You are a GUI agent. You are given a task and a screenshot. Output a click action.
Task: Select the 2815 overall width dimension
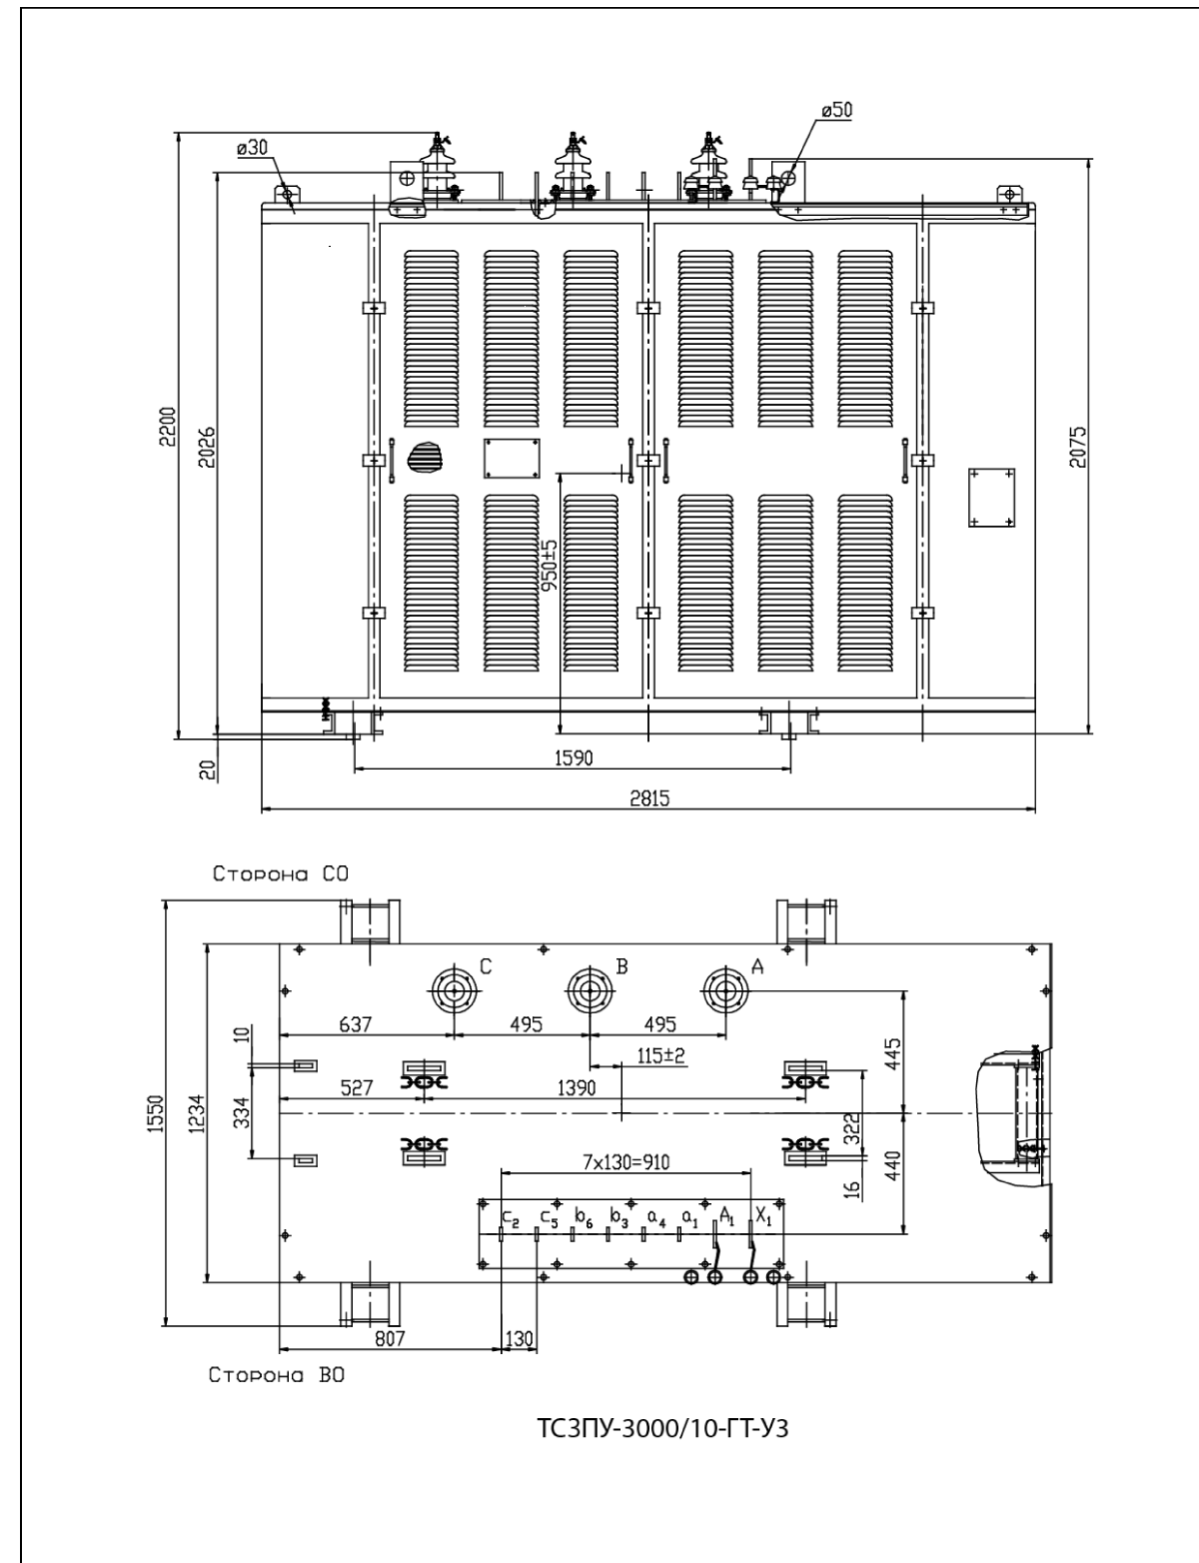649,796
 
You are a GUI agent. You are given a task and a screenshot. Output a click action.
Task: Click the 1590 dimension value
574,759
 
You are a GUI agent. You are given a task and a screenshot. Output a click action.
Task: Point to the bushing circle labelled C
456,991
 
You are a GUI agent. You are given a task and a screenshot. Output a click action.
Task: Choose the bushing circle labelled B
590,991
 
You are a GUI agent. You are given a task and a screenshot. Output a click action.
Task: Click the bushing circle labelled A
724,991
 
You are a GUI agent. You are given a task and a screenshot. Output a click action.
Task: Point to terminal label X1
762,1218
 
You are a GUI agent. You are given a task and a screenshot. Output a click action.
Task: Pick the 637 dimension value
355,1024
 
